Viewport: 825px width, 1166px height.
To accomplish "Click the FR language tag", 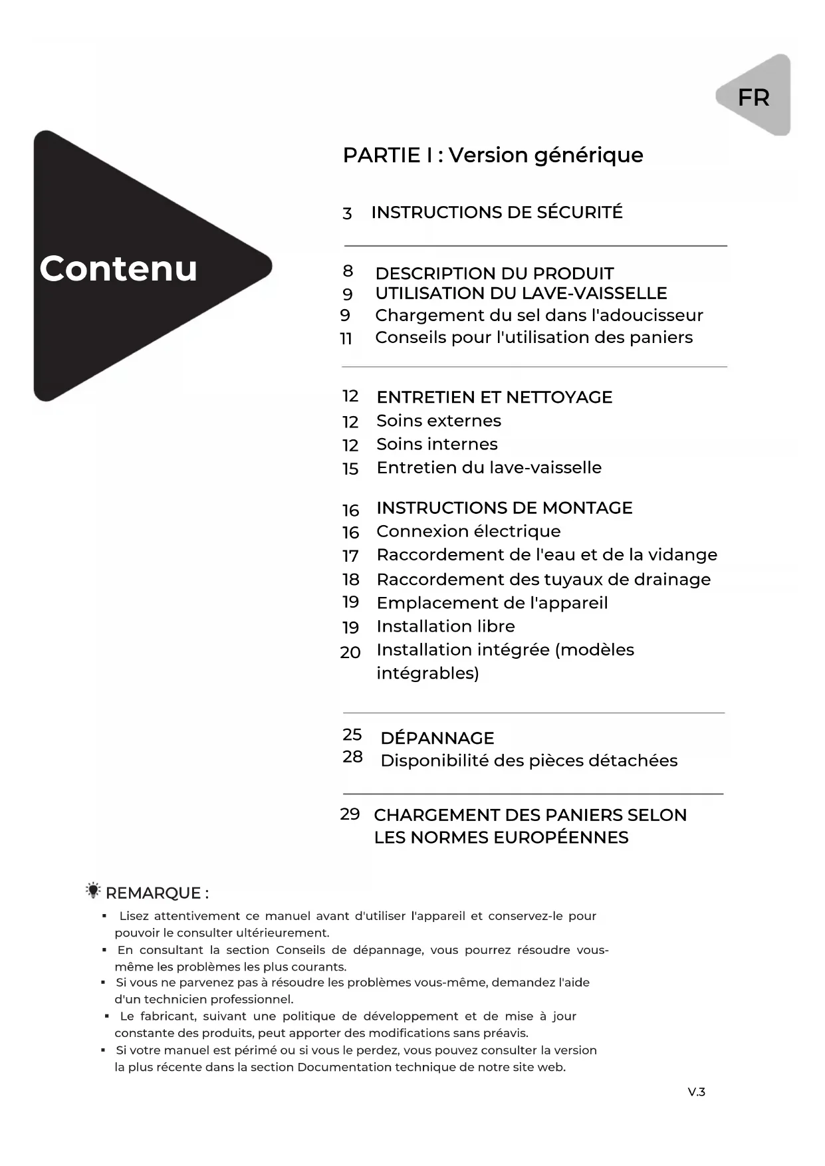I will (753, 98).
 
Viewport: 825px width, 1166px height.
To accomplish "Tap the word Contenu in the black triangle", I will (118, 268).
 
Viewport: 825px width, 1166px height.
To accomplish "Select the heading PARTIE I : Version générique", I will (493, 155).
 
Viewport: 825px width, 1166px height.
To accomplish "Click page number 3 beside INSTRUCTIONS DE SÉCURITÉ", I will (347, 213).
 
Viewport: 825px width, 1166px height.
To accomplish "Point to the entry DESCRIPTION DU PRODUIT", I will (494, 273).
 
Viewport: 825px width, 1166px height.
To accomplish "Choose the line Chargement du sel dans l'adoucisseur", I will (538, 315).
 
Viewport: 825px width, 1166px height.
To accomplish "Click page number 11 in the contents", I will (346, 339).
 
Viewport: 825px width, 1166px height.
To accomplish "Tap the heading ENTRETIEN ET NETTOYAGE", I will (494, 397).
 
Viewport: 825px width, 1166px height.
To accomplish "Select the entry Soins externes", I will (439, 421).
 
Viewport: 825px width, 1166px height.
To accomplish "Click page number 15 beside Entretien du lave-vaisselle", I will (350, 469).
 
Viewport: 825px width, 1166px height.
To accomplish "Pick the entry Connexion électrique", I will (468, 531).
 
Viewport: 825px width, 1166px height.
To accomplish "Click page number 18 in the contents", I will (350, 580).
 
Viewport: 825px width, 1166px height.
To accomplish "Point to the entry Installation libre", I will (445, 626).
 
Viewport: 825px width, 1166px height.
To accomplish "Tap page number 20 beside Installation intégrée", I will (350, 653).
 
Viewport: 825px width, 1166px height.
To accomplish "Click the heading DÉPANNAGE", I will (437, 738).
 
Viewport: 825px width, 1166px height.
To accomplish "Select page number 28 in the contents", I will (352, 757).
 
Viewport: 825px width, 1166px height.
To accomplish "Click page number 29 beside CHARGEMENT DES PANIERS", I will (350, 814).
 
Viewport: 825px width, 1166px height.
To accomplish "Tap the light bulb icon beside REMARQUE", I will (93, 891).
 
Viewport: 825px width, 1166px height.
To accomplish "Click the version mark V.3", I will (696, 1092).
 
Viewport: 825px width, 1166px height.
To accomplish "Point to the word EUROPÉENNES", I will (562, 838).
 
